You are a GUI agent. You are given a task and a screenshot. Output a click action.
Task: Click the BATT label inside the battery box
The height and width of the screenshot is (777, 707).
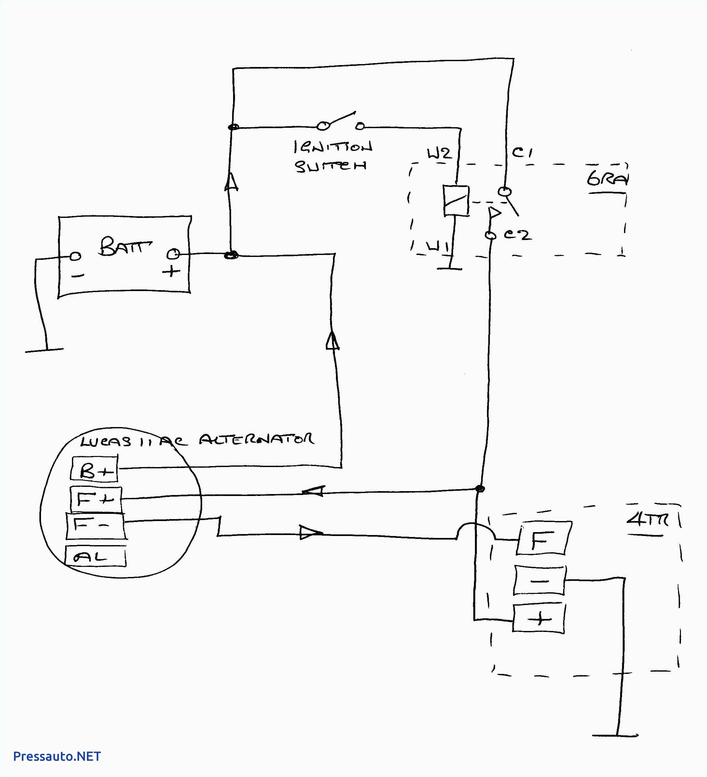(x=125, y=246)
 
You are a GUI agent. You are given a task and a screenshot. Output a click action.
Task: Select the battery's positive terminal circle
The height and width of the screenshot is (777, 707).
(x=173, y=254)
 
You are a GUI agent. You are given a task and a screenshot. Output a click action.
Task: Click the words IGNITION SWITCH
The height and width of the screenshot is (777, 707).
(x=332, y=156)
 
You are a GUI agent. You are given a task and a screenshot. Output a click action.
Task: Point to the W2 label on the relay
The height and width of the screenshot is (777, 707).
(x=438, y=154)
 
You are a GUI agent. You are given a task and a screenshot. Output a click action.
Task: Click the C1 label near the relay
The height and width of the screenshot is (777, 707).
(x=522, y=153)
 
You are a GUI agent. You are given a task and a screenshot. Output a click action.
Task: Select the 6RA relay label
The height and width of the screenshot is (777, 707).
(x=606, y=179)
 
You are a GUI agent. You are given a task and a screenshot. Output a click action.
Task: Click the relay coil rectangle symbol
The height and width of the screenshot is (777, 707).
(x=456, y=200)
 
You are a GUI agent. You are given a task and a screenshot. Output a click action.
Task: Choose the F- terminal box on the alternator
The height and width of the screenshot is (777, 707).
(x=96, y=526)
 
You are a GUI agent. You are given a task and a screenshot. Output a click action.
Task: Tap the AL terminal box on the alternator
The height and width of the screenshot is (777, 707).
(x=95, y=556)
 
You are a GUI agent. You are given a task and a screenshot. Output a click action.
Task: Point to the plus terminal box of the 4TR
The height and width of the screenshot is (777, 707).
(x=539, y=619)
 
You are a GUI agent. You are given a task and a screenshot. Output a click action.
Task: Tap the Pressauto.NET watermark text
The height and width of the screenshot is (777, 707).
(x=57, y=756)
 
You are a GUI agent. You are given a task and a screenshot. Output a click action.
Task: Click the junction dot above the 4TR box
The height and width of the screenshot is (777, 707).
(x=480, y=489)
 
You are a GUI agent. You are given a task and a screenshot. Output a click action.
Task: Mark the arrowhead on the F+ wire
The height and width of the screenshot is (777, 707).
(x=314, y=491)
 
